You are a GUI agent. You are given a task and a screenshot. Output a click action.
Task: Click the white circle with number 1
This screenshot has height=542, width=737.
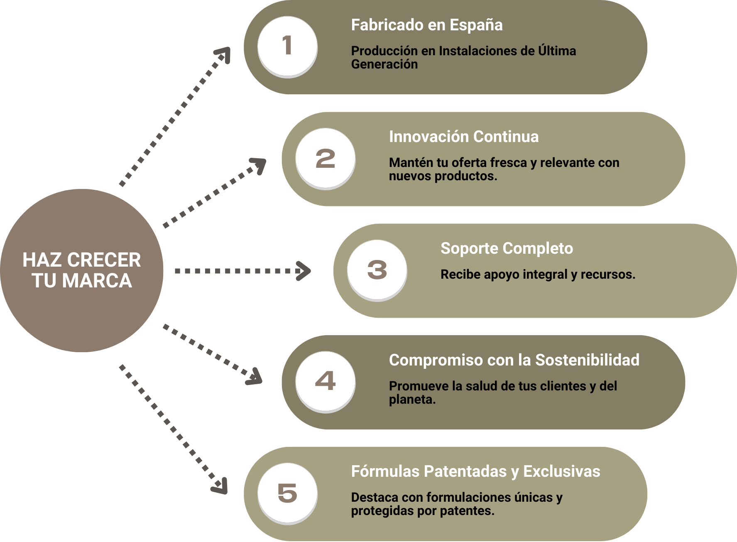tap(287, 46)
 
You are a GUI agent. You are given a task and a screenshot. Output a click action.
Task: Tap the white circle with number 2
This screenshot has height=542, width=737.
tap(325, 158)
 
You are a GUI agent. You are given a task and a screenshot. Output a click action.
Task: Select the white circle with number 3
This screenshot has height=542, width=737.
tap(377, 270)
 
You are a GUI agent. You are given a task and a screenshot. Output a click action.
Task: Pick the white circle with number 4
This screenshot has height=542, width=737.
tap(325, 381)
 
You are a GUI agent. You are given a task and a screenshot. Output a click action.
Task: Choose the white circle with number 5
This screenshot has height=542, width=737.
tap(287, 493)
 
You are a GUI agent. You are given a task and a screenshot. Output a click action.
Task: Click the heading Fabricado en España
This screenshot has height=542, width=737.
tap(427, 25)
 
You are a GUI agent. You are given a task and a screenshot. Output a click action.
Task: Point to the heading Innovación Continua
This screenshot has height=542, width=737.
tap(463, 137)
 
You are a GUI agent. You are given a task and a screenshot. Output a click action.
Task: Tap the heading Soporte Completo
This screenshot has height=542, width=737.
tap(507, 248)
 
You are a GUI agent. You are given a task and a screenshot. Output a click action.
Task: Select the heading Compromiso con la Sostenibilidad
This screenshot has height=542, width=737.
tap(514, 360)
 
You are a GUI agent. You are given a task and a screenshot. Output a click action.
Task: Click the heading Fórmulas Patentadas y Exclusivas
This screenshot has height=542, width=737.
tap(475, 471)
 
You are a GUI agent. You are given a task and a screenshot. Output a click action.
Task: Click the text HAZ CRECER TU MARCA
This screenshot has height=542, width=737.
tap(82, 270)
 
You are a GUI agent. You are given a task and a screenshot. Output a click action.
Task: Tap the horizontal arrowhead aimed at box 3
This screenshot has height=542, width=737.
tap(304, 271)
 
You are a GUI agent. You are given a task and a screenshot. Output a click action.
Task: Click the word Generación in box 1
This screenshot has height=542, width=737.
tap(384, 64)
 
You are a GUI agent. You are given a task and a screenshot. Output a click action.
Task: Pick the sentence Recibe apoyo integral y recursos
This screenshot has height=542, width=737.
tap(538, 275)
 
